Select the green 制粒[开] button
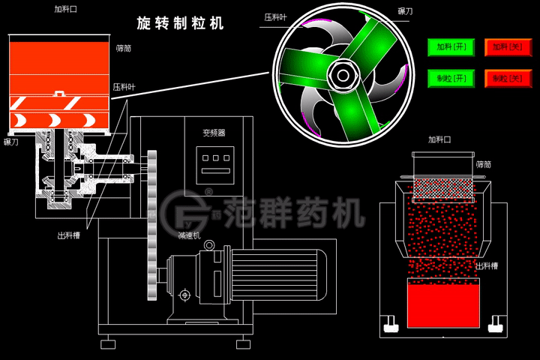446,78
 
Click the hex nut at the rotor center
344,73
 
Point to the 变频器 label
214,133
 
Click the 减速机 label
188,235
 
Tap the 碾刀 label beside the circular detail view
404,13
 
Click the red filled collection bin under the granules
442,304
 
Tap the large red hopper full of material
60,67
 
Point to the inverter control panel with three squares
214,164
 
